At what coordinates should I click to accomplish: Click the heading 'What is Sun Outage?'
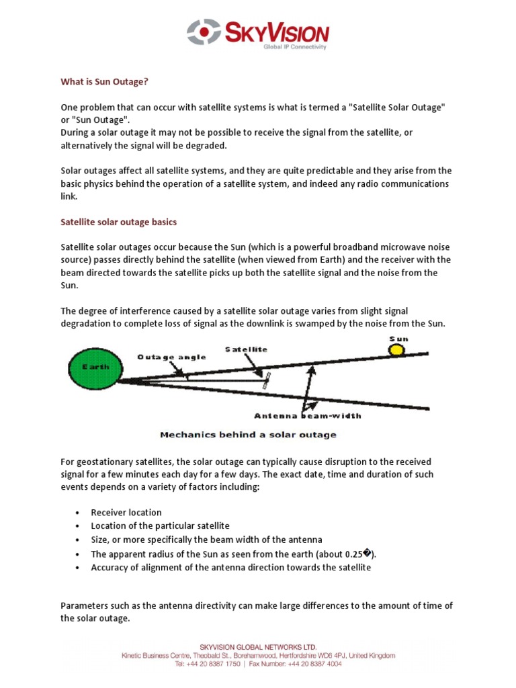tap(104, 82)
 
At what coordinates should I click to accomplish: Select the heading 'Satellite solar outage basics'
tap(119, 221)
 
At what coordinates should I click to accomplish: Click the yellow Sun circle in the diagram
tap(398, 350)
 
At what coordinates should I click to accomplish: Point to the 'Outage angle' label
tap(172, 357)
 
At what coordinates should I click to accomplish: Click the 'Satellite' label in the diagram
tap(247, 349)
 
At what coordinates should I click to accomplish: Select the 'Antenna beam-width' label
tap(307, 415)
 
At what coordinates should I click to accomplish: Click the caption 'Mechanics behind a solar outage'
tap(248, 435)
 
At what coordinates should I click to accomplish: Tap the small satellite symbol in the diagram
tap(267, 381)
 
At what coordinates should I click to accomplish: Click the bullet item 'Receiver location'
tap(126, 513)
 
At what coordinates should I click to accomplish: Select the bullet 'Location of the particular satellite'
tap(160, 526)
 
